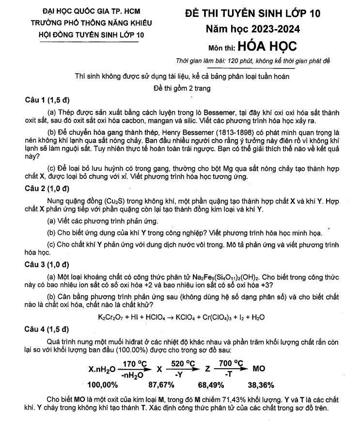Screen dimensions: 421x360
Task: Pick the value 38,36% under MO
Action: pyautogui.click(x=261, y=386)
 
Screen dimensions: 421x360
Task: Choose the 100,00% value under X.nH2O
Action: pyautogui.click(x=103, y=386)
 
